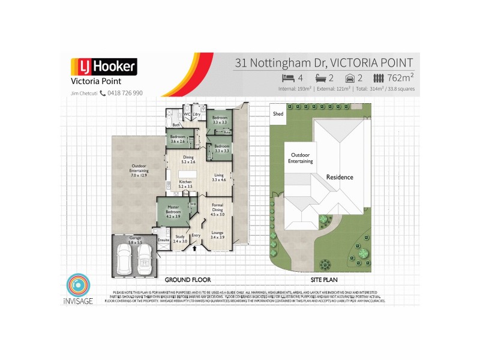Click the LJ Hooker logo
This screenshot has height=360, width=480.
click(x=104, y=67)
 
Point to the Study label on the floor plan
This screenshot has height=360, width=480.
click(x=180, y=238)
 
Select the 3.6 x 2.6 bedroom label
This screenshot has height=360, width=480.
click(x=176, y=139)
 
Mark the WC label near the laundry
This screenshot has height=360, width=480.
click(x=187, y=114)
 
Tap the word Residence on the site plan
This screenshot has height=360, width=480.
click(x=340, y=177)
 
